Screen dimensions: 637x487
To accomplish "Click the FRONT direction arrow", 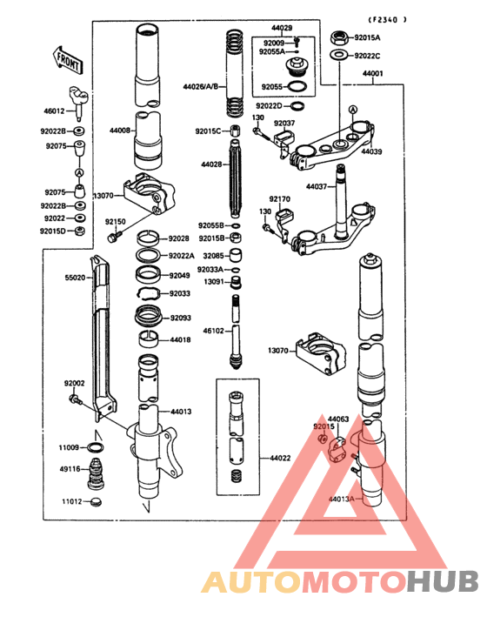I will pyautogui.click(x=67, y=60).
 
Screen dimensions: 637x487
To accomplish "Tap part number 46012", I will pyautogui.click(x=55, y=112).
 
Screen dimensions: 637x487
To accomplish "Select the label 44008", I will pyautogui.click(x=120, y=131).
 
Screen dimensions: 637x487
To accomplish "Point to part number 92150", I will pyautogui.click(x=116, y=223).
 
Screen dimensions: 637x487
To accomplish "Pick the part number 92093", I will pyautogui.click(x=181, y=318).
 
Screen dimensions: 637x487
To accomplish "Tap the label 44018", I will pyautogui.click(x=181, y=339).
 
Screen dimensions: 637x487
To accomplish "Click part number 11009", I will pyautogui.click(x=70, y=447).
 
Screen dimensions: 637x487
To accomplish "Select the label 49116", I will pyautogui.click(x=70, y=469).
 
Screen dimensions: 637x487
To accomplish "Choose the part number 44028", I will pyautogui.click(x=211, y=164).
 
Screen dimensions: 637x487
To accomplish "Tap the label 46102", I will pyautogui.click(x=214, y=331).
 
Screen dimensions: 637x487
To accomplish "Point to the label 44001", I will pyautogui.click(x=372, y=74).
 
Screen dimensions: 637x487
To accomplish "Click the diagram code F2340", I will pyautogui.click(x=387, y=19).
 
